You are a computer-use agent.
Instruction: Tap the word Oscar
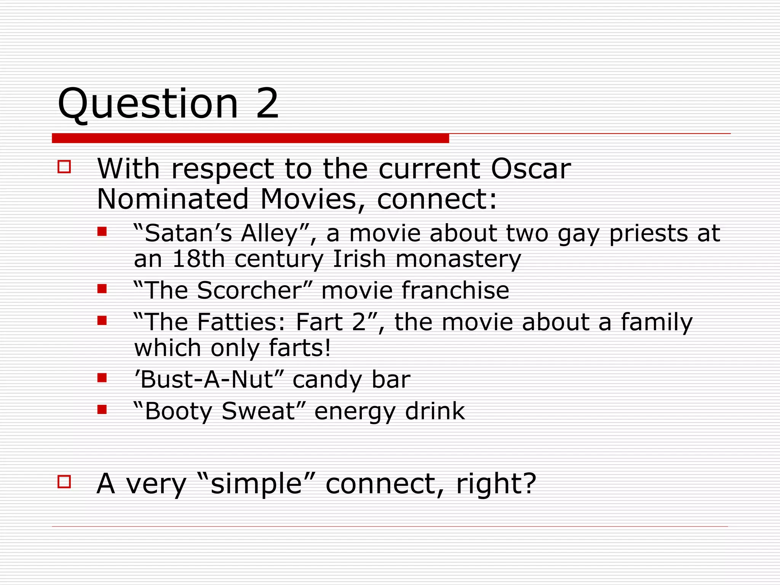(531, 168)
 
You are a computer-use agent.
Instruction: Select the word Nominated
(173, 199)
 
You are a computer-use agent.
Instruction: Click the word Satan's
(182, 233)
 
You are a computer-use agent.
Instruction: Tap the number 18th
(198, 259)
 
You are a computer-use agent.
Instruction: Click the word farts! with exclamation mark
(300, 348)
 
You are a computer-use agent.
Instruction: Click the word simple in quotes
(256, 484)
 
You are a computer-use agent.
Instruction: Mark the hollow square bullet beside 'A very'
(64, 481)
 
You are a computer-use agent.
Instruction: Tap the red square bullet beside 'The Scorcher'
(102, 289)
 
